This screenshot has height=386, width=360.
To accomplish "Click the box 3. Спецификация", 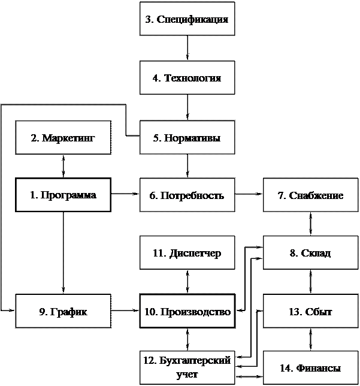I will click(187, 19).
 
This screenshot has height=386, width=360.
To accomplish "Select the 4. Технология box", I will click(187, 78).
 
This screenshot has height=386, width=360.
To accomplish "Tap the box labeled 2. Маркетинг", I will click(63, 138).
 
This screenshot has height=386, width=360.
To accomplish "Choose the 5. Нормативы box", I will click(187, 138).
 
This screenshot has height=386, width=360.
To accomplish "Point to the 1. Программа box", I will click(63, 195).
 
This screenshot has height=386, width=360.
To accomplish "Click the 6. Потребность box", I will click(187, 195).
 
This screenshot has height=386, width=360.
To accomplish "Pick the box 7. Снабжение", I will click(310, 195).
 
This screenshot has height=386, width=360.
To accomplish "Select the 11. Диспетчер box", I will click(187, 253).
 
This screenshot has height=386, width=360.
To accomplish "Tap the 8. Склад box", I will click(310, 253).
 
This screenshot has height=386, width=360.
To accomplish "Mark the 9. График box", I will click(63, 312).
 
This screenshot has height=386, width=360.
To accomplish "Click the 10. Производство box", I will click(187, 312).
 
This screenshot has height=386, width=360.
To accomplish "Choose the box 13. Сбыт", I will click(310, 312).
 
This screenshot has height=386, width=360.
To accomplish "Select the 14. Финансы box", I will click(310, 368).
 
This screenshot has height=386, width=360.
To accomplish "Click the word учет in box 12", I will click(187, 375).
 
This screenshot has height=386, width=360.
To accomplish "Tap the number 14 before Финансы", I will click(284, 369).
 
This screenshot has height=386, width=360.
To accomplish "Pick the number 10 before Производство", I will click(150, 312).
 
